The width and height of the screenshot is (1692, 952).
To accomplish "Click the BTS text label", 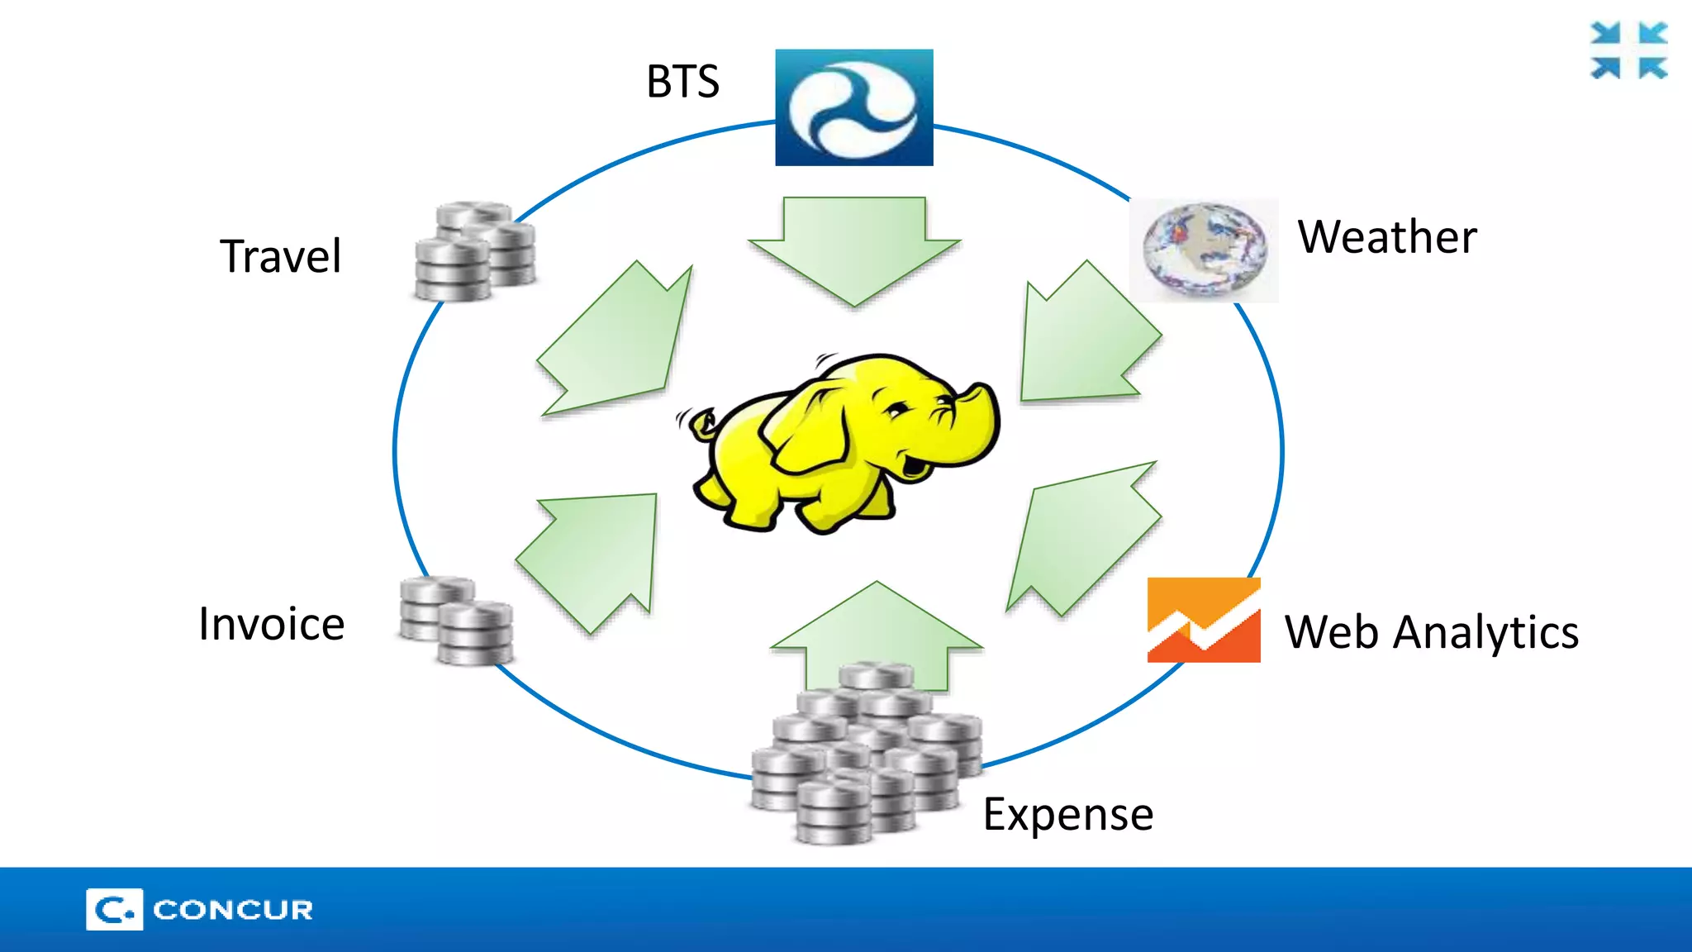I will point(682,82).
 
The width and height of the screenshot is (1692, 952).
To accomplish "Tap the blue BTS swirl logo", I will point(853,107).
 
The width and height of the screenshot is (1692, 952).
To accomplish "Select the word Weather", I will point(1386,237).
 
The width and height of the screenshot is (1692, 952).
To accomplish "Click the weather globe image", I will point(1204,249).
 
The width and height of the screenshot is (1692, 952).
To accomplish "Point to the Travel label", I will point(280,256).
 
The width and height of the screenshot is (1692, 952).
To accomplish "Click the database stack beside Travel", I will point(474,251).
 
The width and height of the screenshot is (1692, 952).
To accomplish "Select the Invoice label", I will point(271,624).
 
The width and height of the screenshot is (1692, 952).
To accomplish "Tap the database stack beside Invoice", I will point(456,620).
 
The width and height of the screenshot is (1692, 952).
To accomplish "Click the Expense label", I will point(1067,815).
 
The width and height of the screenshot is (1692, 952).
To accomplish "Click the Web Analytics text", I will point(1431,633).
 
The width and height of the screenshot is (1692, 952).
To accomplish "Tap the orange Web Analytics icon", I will point(1204,620).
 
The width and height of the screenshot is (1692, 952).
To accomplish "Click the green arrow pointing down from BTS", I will point(854,248).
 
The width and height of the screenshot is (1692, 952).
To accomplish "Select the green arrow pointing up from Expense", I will point(877,632).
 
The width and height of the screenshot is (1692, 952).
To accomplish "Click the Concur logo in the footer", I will point(199,909).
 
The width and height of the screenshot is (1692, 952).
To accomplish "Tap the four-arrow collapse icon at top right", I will point(1628,51).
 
